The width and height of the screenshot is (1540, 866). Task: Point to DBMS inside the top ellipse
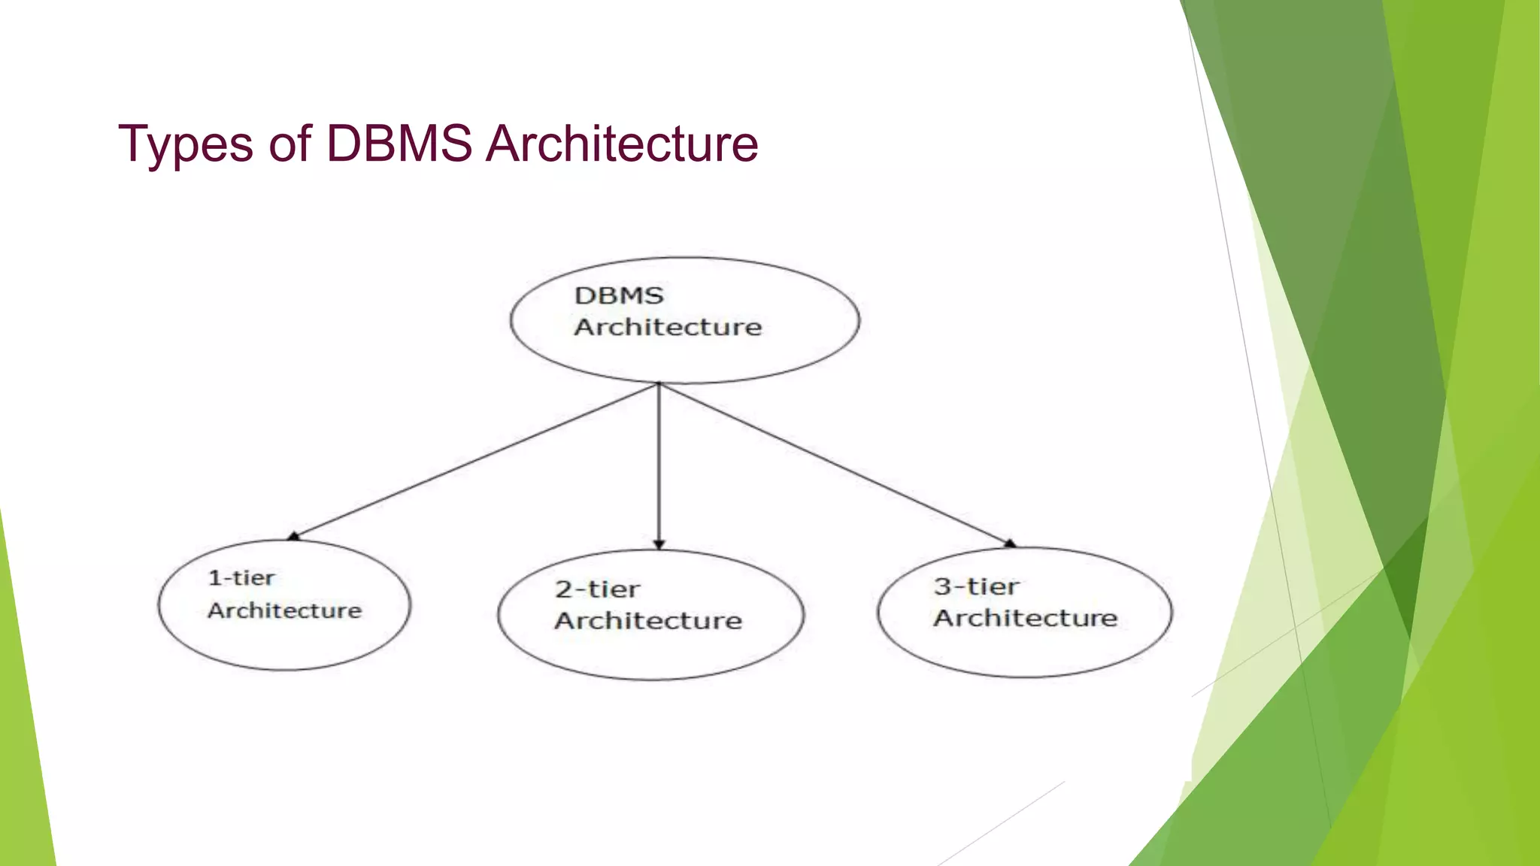619,295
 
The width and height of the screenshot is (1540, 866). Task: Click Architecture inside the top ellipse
668,327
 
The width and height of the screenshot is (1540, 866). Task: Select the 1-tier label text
241,578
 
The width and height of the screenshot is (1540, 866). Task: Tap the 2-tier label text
598,589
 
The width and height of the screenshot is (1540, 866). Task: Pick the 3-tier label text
976,586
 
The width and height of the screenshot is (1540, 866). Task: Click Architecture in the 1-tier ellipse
284,610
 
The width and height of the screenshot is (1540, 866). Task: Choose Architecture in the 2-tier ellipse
648,621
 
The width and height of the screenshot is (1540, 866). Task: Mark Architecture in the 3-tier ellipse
1026,618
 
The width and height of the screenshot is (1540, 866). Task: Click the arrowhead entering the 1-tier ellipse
293,536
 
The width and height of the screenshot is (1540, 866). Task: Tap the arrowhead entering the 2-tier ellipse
659,544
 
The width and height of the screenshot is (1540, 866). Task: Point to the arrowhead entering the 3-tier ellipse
1010,543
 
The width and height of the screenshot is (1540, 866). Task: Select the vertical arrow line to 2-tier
659,466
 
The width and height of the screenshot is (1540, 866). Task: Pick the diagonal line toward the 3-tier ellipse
835,464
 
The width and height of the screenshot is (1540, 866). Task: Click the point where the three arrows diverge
659,384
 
